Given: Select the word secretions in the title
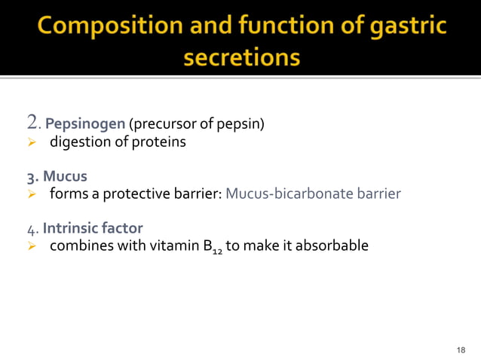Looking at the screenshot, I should point(240,58).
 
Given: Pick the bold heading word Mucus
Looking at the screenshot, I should point(64,177).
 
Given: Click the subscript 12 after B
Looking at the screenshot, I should point(215,250).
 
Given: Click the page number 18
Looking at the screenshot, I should point(462,349).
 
